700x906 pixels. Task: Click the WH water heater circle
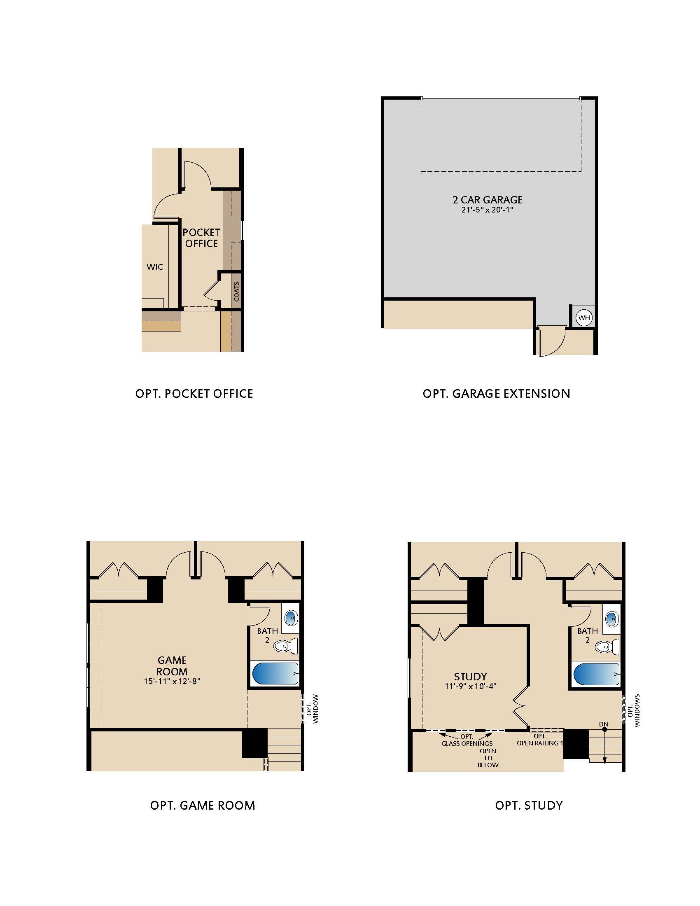click(584, 318)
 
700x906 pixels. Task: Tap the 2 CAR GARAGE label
click(487, 200)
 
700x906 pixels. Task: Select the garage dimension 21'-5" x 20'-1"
click(487, 210)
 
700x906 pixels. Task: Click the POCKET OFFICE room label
click(201, 238)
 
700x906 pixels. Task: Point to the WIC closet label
click(155, 267)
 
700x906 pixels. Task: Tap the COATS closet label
click(236, 292)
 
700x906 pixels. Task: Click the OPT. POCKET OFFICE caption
click(194, 393)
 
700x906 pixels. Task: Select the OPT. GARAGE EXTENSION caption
click(497, 393)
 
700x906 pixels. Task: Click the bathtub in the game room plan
click(275, 673)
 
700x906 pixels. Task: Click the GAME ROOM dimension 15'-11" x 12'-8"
click(172, 681)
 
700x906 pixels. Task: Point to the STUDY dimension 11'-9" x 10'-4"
click(470, 686)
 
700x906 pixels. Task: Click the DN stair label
click(604, 724)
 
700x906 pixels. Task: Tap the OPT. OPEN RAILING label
click(540, 739)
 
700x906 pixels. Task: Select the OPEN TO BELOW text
click(488, 757)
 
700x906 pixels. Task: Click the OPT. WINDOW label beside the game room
click(313, 709)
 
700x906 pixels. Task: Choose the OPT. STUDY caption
click(529, 805)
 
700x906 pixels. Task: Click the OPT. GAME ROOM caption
click(202, 805)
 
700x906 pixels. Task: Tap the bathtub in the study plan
click(596, 675)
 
